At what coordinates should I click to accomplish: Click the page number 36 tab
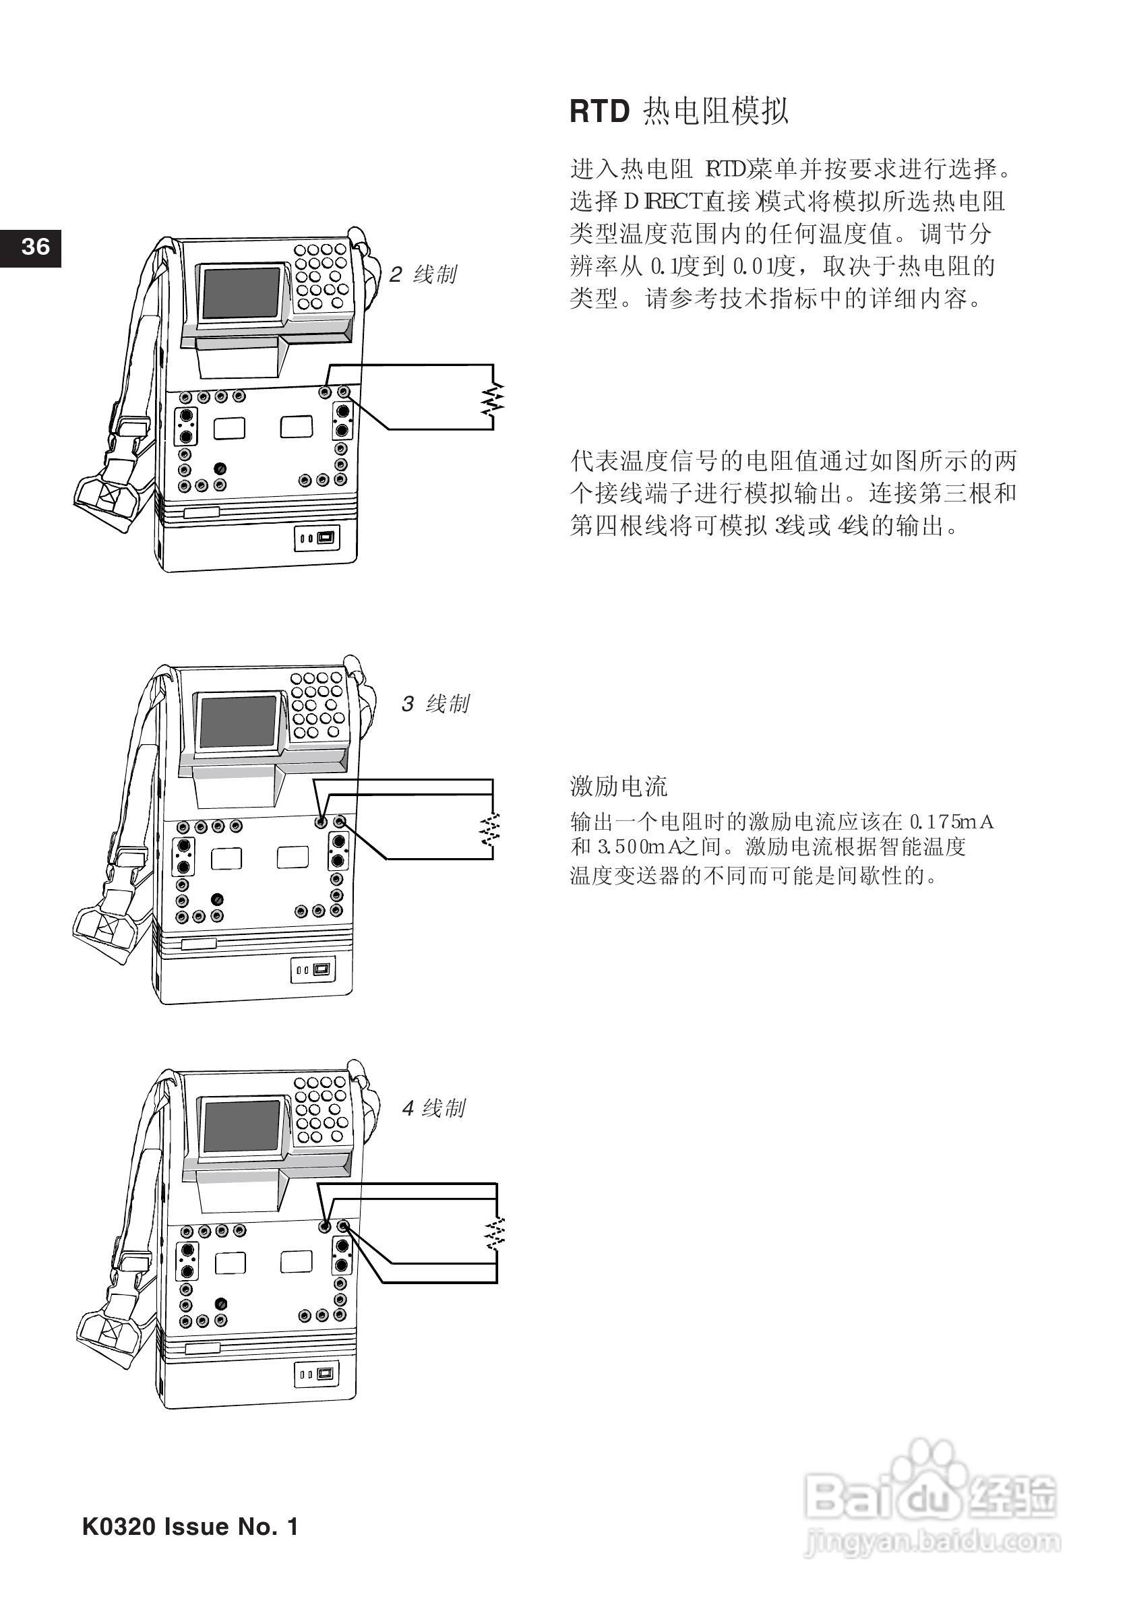click(x=31, y=247)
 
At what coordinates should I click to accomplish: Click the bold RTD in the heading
click(x=600, y=112)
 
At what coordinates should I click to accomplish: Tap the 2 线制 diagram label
click(x=423, y=275)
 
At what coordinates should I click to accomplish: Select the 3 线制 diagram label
click(x=435, y=704)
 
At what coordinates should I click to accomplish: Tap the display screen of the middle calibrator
click(x=238, y=721)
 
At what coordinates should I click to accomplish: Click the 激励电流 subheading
click(x=619, y=787)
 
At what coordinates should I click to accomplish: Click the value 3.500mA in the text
click(x=630, y=848)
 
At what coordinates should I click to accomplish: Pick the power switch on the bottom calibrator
click(x=324, y=1372)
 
